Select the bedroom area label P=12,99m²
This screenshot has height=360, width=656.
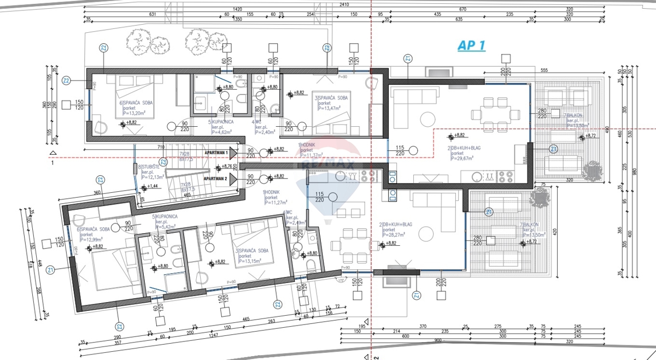tap(94, 239)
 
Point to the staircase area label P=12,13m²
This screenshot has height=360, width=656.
tap(150, 177)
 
